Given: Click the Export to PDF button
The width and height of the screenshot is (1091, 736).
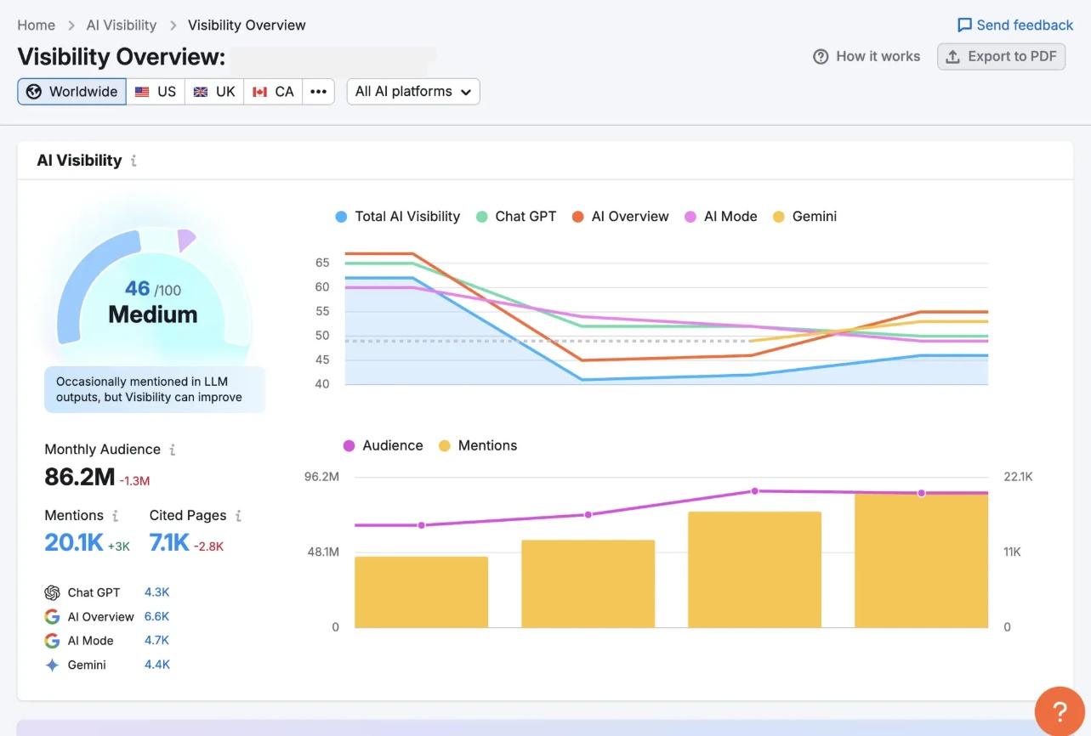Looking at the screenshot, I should [1001, 57].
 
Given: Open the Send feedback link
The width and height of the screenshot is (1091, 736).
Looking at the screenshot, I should [1015, 25].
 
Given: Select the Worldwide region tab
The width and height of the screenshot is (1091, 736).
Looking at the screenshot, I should [72, 92].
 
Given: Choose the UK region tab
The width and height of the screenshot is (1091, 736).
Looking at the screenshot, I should [214, 92].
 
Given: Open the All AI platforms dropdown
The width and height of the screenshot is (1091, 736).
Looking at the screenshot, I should [413, 92].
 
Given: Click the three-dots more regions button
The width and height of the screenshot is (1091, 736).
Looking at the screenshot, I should [318, 92].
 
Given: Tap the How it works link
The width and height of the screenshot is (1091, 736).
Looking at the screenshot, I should [867, 57].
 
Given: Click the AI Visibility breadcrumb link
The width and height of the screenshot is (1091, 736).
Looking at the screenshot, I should [122, 25].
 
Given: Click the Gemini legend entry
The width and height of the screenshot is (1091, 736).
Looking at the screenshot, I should [804, 217].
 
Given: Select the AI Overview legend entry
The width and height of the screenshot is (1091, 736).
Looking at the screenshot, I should [621, 217].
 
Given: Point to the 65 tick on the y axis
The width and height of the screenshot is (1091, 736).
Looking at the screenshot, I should [322, 263].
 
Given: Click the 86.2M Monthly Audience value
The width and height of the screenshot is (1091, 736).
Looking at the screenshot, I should [80, 477].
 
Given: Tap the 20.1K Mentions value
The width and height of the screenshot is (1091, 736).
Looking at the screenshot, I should [74, 542].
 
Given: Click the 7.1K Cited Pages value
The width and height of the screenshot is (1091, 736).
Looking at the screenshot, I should [169, 542].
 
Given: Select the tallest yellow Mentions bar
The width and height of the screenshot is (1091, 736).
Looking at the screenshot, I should [921, 561].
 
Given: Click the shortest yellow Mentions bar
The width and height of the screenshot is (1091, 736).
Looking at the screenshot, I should [421, 592].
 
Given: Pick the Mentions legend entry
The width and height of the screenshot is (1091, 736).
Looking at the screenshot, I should [478, 445].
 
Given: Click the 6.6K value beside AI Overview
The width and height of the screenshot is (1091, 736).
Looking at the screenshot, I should [156, 616].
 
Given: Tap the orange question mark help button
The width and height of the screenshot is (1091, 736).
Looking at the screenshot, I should [1060, 711].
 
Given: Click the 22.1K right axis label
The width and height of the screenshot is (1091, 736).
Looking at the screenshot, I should [1018, 477].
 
